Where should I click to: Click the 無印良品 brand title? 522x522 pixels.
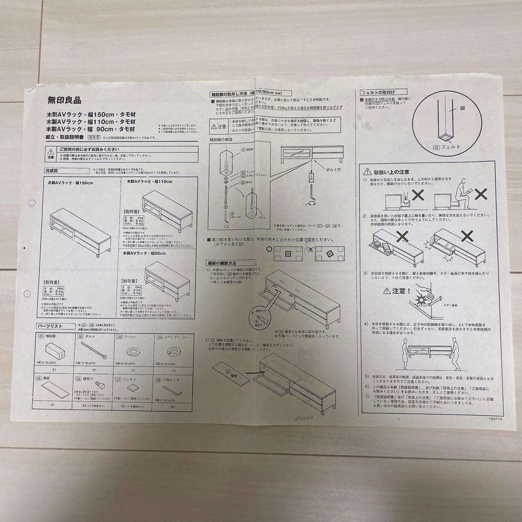coord(64,101)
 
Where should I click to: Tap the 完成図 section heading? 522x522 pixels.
coord(52,171)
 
